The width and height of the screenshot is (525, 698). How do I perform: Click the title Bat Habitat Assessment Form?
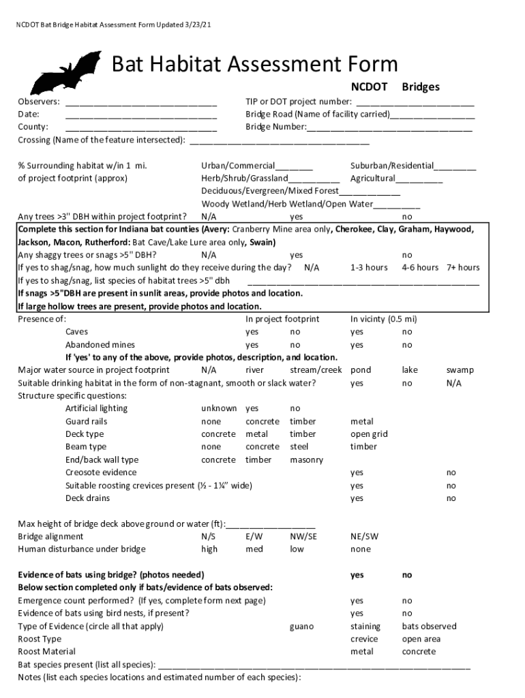tap(254, 64)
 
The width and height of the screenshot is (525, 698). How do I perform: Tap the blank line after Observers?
tap(141, 102)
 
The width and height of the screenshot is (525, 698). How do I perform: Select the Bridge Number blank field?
tap(389, 127)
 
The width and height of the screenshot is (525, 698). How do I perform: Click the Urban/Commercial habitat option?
tap(238, 166)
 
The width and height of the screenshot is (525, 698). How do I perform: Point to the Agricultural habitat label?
tap(373, 179)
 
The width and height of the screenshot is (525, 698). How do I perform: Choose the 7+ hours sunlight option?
tap(463, 268)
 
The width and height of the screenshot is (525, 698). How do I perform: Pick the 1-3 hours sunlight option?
tap(369, 268)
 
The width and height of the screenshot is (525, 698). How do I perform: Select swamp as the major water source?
tap(460, 370)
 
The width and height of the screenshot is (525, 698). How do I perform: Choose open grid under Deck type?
tap(369, 434)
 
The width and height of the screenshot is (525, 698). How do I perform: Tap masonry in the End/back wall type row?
tap(307, 460)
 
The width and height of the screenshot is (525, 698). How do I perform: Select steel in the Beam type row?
tap(299, 447)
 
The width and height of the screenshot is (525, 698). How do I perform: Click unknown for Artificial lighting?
tap(219, 409)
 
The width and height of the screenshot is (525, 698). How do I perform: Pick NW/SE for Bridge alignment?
tap(303, 536)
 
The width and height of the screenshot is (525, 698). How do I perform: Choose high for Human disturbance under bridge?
tap(209, 549)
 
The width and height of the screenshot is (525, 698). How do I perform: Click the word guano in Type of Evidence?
tap(301, 626)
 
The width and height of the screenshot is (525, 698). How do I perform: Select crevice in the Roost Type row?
tap(364, 639)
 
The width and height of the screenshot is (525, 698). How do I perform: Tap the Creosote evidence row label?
tap(101, 473)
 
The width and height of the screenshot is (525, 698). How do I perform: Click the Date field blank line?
tap(141, 115)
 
